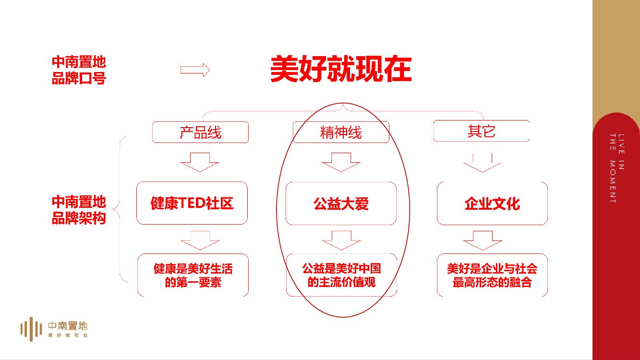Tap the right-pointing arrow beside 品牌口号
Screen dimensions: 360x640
tap(195, 70)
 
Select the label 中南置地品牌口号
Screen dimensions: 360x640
tap(79, 70)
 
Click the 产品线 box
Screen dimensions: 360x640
tap(200, 132)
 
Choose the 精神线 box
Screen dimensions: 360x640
tap(341, 132)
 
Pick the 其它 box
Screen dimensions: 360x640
tap(481, 131)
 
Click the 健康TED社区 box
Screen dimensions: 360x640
tap(192, 203)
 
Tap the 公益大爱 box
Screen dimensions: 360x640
tap(341, 204)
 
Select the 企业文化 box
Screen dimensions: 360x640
tap(492, 204)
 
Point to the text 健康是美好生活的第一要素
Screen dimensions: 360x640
tap(193, 275)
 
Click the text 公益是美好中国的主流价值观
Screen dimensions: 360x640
tap(341, 275)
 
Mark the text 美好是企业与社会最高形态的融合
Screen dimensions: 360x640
tap(492, 275)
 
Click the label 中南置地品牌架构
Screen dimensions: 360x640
tap(79, 210)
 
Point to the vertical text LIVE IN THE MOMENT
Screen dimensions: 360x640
tap(616, 168)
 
